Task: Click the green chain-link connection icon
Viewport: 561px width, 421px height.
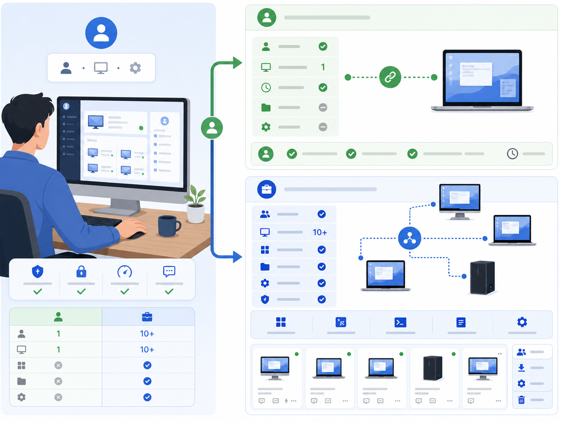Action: (x=390, y=77)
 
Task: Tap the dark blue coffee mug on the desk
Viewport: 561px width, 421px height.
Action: (x=169, y=226)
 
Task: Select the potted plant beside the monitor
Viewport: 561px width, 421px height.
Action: (x=196, y=204)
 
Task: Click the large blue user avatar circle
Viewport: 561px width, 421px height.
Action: (x=101, y=33)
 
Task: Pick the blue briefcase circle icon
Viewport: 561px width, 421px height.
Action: (x=267, y=189)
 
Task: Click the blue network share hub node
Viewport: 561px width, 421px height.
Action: (x=409, y=238)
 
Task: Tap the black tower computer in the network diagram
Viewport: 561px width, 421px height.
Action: (x=482, y=277)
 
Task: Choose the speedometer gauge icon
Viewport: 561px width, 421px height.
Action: (x=125, y=272)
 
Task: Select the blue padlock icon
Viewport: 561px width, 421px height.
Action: (x=81, y=271)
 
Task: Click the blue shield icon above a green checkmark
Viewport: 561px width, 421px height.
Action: (x=38, y=272)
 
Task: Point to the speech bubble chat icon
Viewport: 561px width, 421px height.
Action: (x=169, y=271)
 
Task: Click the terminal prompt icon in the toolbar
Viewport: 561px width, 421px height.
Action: (x=400, y=322)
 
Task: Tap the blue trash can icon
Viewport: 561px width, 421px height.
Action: (x=522, y=400)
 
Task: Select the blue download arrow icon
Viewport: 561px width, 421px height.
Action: (x=522, y=368)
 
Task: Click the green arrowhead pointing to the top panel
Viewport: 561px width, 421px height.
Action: (x=237, y=62)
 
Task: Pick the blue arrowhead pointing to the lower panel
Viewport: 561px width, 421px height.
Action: (x=237, y=257)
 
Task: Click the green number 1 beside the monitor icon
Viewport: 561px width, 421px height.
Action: (x=323, y=67)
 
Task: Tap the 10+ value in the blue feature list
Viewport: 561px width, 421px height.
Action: (x=320, y=232)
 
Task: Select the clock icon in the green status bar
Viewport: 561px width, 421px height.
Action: (x=512, y=153)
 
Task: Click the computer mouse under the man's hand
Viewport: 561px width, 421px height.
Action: (x=136, y=235)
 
